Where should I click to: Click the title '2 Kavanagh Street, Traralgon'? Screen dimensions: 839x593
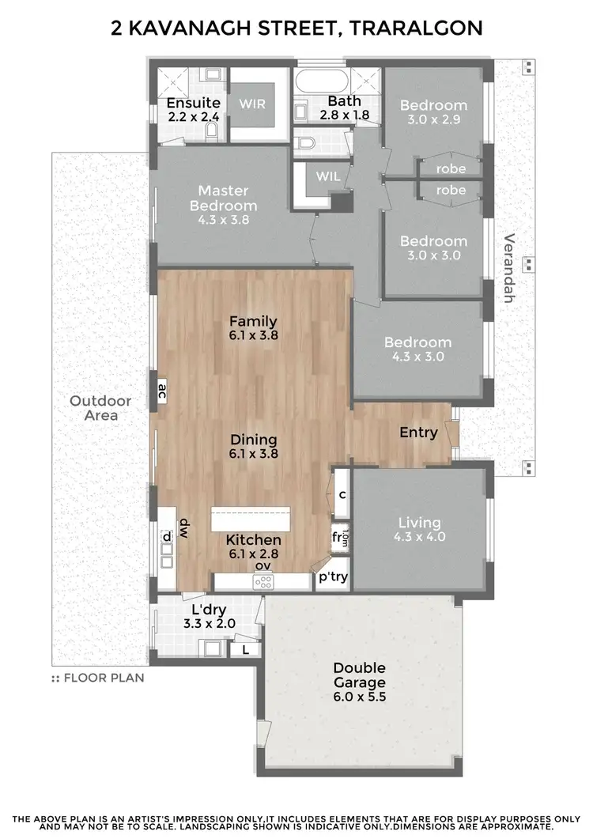tap(296, 28)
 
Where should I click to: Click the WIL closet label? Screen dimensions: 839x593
tap(327, 176)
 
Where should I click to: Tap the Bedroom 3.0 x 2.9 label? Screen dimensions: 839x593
tap(432, 112)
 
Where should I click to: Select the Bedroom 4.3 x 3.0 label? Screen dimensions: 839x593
tap(417, 349)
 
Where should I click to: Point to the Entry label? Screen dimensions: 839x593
tap(418, 433)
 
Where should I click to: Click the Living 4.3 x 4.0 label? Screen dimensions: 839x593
tap(419, 529)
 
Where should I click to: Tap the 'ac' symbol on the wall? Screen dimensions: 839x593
tap(162, 389)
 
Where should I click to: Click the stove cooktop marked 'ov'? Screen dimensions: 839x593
tap(263, 581)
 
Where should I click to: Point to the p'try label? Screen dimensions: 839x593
tap(333, 577)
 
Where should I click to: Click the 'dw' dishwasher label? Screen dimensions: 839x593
tap(183, 527)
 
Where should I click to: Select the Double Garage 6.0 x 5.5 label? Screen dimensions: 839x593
tap(359, 682)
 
